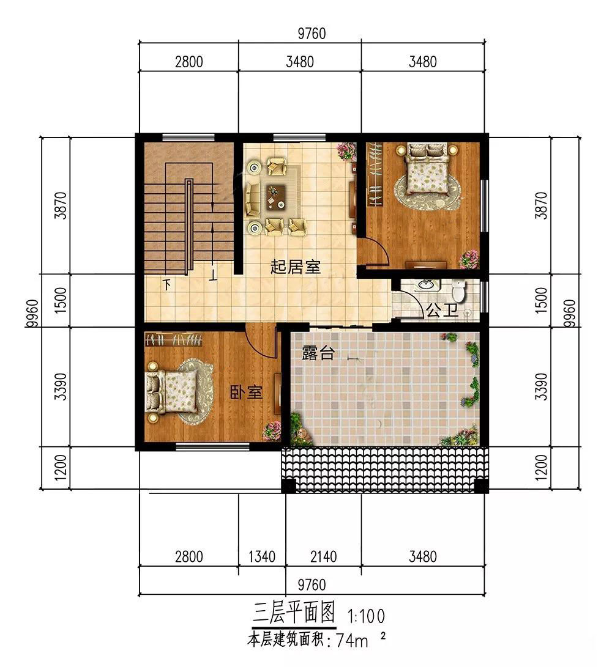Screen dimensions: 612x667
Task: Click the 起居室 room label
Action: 295,267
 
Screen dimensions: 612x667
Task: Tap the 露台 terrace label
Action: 318,353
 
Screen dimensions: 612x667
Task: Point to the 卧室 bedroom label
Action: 246,392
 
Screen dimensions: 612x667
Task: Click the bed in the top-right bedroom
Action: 426,168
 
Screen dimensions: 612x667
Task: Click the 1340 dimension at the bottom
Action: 261,556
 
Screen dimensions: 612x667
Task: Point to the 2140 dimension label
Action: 323,556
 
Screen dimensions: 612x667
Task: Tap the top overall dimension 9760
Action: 312,33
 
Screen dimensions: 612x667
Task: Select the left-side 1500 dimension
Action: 61,300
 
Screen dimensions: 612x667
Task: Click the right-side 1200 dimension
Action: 541,468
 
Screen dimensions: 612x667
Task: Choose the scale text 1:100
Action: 366,616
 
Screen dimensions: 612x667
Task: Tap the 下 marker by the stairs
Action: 167,284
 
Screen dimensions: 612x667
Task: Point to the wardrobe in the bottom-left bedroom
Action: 173,340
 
